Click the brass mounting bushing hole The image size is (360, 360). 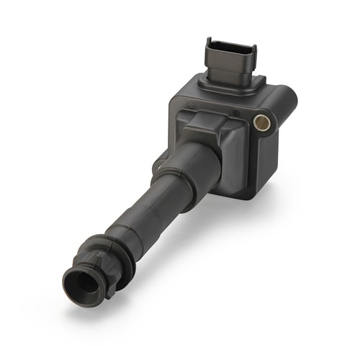pyautogui.click(x=263, y=122)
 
